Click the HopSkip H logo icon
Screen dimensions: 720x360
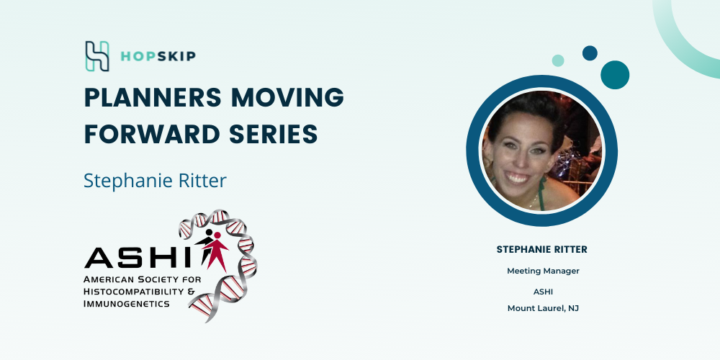click(97, 56)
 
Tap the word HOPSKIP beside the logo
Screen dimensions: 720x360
click(158, 56)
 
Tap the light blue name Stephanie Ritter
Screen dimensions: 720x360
click(156, 181)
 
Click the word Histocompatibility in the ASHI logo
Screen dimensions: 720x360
click(135, 291)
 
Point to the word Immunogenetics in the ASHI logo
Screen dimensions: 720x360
click(126, 303)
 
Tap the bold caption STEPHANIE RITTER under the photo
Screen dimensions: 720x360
click(542, 250)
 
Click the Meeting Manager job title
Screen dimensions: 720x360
click(543, 271)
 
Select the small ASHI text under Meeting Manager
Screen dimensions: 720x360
click(543, 292)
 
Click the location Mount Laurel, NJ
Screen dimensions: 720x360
click(543, 308)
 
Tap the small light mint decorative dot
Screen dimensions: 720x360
click(558, 60)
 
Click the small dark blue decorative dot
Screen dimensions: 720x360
click(590, 53)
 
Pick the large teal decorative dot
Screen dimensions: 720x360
click(615, 75)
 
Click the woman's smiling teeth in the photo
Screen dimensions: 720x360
click(518, 178)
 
